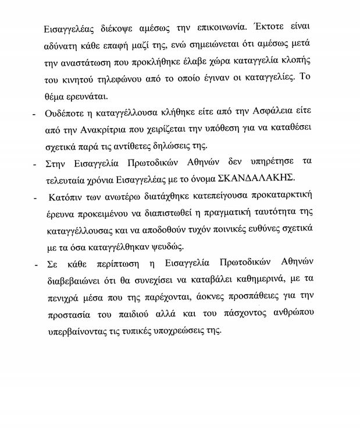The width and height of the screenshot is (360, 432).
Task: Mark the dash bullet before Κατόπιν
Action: pos(34,193)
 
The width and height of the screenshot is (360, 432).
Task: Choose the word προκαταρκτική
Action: pos(282,193)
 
